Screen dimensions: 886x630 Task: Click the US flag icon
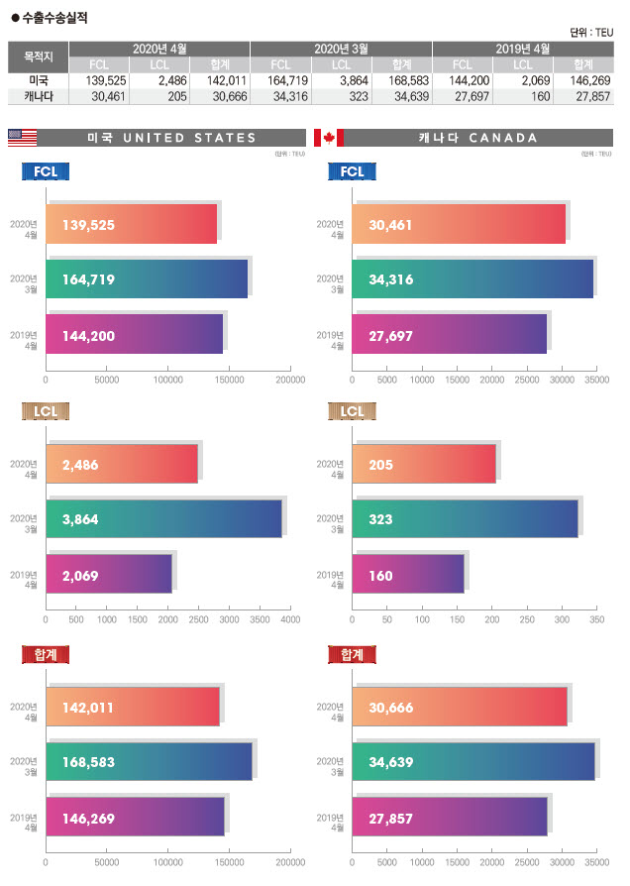point(22,138)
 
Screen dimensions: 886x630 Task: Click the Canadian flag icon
point(329,138)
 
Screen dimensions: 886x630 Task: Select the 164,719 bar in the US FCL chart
point(148,279)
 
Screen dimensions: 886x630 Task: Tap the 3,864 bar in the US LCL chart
point(164,518)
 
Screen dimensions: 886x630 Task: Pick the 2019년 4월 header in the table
point(522,49)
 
